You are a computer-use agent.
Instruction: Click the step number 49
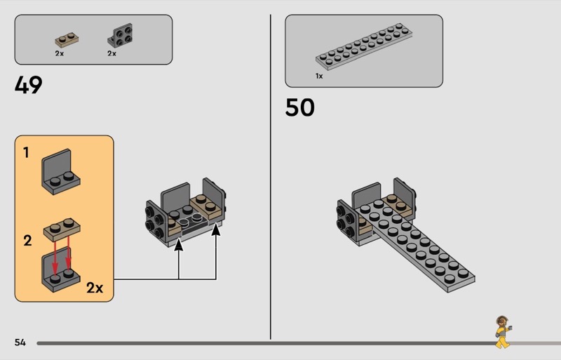click(x=28, y=85)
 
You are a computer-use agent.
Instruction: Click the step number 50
click(x=299, y=107)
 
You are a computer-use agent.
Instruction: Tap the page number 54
click(x=20, y=342)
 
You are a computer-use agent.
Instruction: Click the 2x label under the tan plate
click(x=60, y=53)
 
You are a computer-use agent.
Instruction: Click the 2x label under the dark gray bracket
click(x=111, y=53)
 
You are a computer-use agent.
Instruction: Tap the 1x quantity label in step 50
click(x=319, y=76)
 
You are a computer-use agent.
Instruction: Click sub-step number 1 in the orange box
click(x=26, y=152)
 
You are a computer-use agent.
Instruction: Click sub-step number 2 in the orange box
click(x=27, y=241)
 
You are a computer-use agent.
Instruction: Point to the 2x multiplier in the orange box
click(x=95, y=288)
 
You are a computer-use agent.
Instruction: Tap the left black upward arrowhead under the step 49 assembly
click(x=179, y=244)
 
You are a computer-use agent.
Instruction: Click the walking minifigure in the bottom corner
click(x=502, y=331)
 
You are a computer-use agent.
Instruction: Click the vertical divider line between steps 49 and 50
click(x=270, y=175)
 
